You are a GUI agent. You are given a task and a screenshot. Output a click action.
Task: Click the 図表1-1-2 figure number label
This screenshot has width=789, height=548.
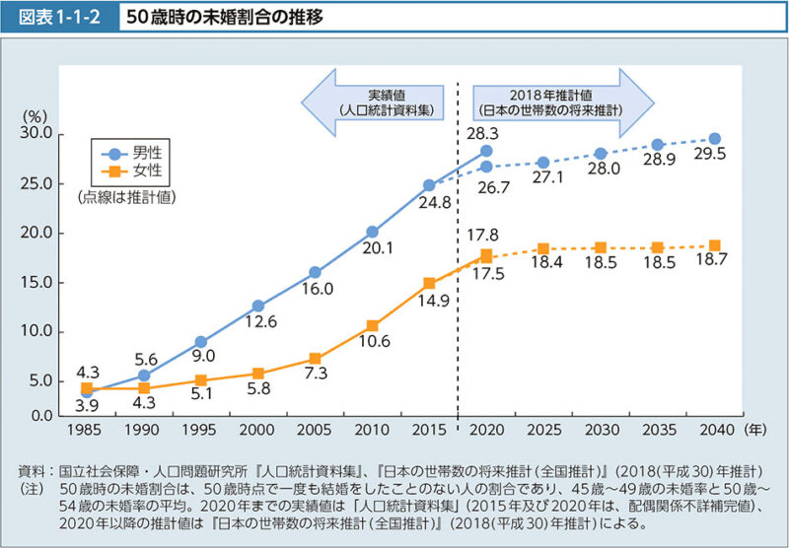tap(60, 19)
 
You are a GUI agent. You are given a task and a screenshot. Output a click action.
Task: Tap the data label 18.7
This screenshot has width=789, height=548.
tap(712, 263)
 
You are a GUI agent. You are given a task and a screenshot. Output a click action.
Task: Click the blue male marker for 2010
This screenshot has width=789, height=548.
tap(372, 232)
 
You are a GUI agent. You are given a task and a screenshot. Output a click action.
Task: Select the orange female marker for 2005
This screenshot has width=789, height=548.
tap(316, 359)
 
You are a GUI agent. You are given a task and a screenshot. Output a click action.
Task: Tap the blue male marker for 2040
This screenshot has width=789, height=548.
tap(714, 139)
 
